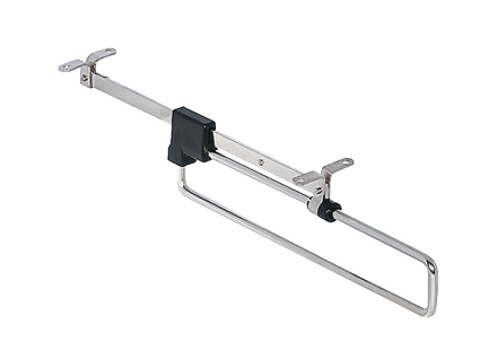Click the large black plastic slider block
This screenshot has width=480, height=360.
191,134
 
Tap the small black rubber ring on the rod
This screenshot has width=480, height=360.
328,211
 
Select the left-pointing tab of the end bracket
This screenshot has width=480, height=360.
70,66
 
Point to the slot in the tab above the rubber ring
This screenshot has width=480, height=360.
339,163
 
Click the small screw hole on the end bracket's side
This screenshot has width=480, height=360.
86,79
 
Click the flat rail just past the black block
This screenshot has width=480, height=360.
240,150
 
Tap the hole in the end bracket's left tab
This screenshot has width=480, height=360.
66,67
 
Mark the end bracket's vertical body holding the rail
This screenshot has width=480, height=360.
88,74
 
